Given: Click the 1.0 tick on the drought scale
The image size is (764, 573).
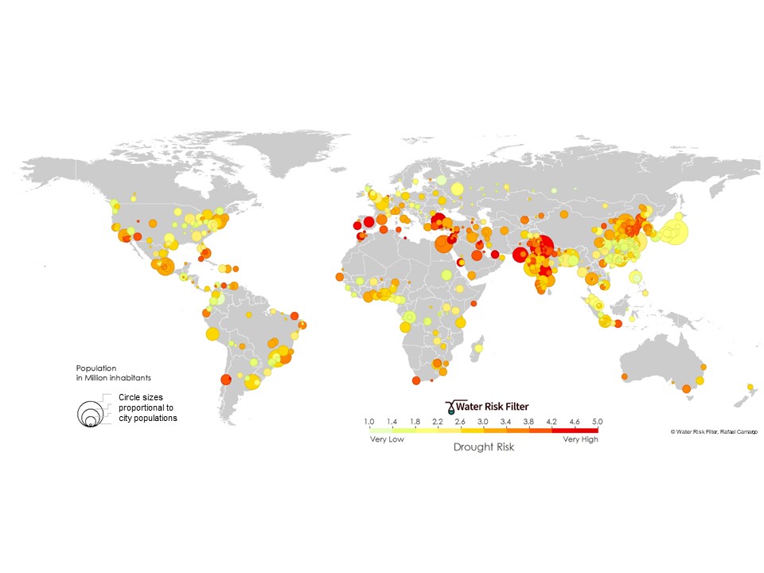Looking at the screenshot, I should coord(369,420).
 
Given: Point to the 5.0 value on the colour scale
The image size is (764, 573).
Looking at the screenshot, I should coord(598,420).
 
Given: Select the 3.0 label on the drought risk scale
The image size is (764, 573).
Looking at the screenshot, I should coord(483,420).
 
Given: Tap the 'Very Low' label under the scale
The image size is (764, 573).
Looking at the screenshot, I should coord(386,439).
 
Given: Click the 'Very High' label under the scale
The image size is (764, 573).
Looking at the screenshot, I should coord(580,439).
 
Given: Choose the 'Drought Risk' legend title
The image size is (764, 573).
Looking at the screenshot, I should coord(484,447).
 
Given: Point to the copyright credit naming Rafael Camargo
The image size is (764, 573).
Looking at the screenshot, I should coord(714,431).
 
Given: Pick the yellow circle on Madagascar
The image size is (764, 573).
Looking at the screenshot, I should coord(479,348).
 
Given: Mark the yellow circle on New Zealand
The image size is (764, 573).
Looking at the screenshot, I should coord(749,388).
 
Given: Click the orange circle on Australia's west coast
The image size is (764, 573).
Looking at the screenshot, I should coord(624,376).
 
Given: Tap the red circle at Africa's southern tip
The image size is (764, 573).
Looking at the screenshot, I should coord(415,380).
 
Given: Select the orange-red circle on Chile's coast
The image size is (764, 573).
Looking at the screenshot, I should coord(225,380).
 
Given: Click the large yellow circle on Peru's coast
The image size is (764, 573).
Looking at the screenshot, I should coord(212,333).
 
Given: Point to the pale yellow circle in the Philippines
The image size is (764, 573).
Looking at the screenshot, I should coord(636,277).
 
